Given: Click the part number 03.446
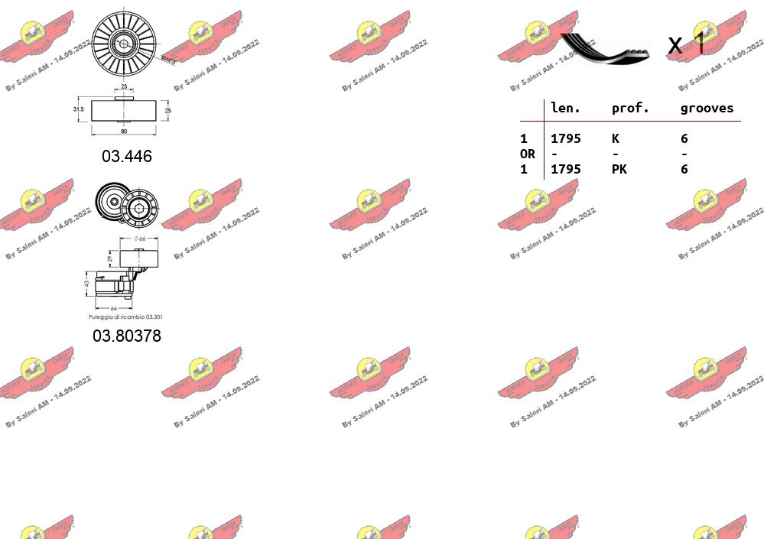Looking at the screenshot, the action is coord(127,156).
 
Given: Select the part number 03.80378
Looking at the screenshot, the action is coord(127,336).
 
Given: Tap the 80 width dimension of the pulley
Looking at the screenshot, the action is coord(124,132).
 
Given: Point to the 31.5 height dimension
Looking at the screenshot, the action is coord(78,110).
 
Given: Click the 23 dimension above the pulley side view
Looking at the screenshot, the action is coord(124,87).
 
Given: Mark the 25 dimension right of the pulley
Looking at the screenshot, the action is coord(168,110).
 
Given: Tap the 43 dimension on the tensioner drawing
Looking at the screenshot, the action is coord(87,283).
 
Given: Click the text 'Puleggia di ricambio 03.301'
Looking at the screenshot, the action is coord(125,317).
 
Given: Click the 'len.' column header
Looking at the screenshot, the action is coord(566,109).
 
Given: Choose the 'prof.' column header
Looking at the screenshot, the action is coord(630,109).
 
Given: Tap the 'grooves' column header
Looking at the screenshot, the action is coord(707,109).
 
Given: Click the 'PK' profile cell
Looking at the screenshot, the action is coord(619,169).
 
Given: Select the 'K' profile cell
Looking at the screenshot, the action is coord(615,138).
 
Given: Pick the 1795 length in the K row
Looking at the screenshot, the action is coord(566,138).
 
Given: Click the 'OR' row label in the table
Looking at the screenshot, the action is coord(528,154).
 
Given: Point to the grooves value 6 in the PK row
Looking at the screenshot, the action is coord(684,169).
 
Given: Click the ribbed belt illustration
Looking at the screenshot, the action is coord(606,47).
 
